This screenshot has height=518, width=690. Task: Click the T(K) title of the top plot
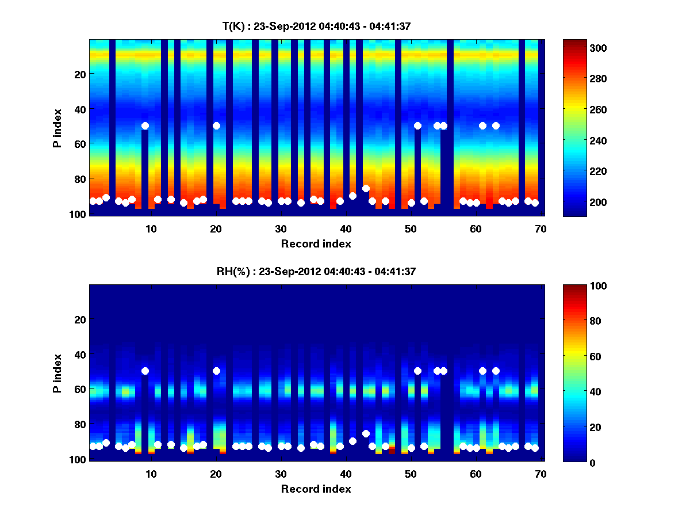pos(316,26)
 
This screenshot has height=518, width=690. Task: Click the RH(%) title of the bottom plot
pos(316,272)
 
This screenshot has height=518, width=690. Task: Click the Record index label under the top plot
pos(316,243)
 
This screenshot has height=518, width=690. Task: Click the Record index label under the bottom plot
pos(316,489)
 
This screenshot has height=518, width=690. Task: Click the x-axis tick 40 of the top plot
pos(346,228)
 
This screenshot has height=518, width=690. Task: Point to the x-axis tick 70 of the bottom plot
pos(540,474)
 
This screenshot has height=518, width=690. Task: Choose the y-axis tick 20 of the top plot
pos(79,74)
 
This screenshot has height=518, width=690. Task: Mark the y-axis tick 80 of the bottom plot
pos(79,424)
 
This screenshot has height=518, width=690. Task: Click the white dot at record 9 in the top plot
pos(145,125)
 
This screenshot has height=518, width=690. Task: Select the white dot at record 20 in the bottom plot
pos(216,371)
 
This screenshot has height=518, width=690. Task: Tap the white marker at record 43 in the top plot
pos(366,188)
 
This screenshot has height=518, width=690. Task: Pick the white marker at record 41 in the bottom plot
pos(352,441)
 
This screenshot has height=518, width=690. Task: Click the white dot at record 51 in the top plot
pos(417,125)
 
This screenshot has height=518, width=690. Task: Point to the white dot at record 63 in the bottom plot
pos(496,371)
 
